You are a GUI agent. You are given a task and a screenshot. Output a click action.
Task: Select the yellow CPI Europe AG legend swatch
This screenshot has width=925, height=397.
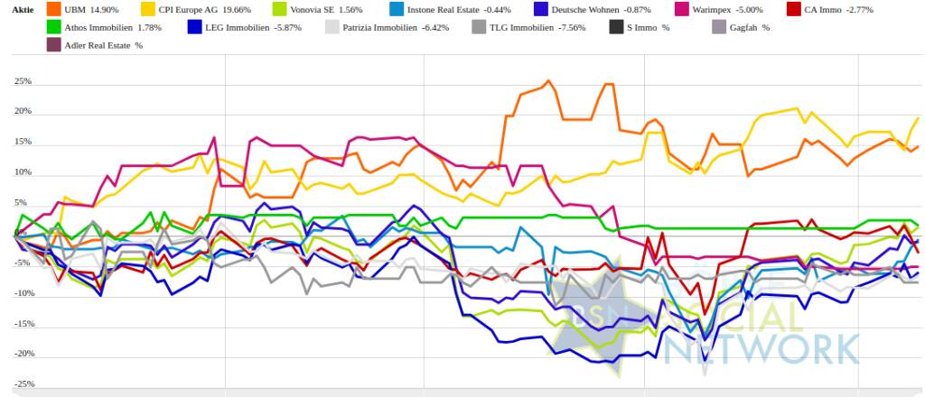pyautogui.click(x=150, y=10)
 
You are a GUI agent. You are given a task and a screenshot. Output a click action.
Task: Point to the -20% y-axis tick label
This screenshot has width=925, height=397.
pyautogui.click(x=23, y=354)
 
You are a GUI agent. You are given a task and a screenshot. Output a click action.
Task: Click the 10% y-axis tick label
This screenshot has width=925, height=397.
pyautogui.click(x=23, y=172)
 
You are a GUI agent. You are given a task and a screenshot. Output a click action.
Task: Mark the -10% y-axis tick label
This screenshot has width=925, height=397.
pyautogui.click(x=23, y=293)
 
